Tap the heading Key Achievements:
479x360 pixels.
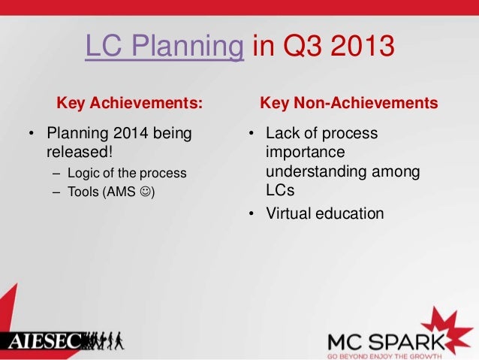tap(130, 102)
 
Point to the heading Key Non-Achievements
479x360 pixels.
tap(348, 102)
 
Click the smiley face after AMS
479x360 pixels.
tap(145, 192)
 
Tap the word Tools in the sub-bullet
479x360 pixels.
tap(82, 192)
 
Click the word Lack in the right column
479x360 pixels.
tap(282, 134)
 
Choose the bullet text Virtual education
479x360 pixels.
tap(325, 213)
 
